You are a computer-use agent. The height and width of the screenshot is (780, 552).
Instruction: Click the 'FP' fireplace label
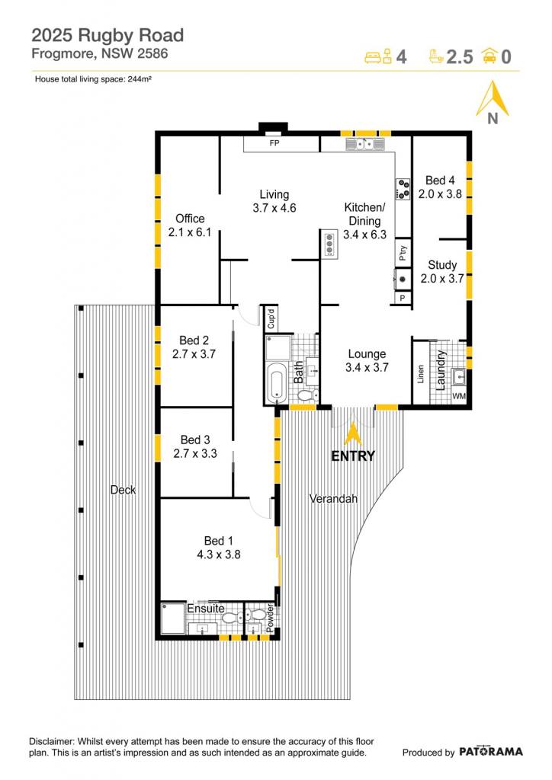click(274, 143)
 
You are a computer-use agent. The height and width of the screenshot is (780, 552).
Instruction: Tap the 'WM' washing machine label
click(459, 396)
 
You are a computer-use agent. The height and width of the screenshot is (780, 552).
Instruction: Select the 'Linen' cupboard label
click(421, 373)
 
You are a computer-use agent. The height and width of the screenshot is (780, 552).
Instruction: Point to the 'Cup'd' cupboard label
click(271, 319)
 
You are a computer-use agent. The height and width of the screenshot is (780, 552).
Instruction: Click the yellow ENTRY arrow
click(353, 435)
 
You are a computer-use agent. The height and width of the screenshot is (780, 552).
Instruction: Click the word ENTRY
click(353, 456)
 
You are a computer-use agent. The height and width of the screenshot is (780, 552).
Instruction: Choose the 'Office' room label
click(190, 219)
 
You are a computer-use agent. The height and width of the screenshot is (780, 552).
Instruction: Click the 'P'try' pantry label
click(403, 253)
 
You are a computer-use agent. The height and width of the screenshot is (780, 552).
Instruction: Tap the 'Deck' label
click(123, 490)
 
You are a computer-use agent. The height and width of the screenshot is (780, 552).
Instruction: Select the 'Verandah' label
click(333, 498)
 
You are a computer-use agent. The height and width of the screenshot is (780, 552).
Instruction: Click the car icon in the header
click(489, 56)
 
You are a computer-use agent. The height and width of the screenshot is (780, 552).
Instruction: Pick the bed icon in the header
click(378, 56)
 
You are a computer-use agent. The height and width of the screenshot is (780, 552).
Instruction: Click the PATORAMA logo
click(491, 752)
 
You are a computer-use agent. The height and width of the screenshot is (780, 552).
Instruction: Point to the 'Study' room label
click(442, 265)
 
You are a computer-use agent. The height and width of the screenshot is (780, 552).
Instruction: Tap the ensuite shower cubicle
click(173, 619)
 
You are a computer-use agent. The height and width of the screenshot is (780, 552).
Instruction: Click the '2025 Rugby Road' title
click(108, 35)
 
